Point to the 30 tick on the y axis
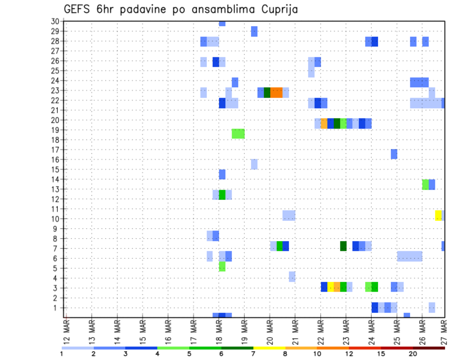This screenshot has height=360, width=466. coord(55,21)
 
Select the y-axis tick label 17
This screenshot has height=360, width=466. coord(55,149)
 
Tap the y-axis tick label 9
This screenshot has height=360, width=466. coord(57,229)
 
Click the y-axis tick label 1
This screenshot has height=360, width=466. coord(57,308)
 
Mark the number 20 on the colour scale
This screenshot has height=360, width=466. coord(413,353)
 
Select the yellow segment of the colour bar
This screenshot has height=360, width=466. coord(269,348)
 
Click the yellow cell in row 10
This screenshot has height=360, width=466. coord(438,215)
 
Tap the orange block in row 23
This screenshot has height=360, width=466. coord(276,92)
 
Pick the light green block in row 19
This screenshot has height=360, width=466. coord(238,133)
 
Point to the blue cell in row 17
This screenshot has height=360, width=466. coord(394,154)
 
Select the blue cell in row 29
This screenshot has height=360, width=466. coord(254,32)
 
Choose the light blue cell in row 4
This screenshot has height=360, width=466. coord(292,277)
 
